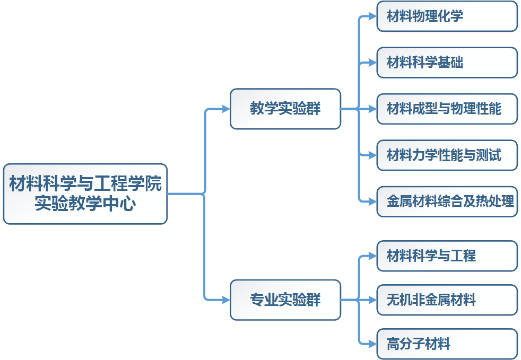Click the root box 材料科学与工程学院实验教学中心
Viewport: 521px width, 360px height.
tap(85, 194)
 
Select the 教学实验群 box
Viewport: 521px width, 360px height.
tap(285, 109)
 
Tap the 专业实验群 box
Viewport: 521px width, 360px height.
tap(285, 300)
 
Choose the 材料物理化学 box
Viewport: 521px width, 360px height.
tap(447, 16)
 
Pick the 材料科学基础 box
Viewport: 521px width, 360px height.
tap(447, 63)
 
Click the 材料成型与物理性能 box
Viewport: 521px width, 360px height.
tap(447, 109)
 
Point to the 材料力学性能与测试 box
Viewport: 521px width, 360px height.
tap(447, 155)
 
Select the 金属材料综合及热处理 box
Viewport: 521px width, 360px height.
tap(447, 201)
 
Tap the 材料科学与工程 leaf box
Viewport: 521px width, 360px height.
tap(447, 256)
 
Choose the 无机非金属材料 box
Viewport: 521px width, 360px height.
tap(447, 300)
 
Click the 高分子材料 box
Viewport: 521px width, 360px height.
tap(447, 344)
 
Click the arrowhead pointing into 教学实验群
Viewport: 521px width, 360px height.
tap(225, 109)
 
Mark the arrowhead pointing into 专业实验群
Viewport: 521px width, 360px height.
tap(225, 300)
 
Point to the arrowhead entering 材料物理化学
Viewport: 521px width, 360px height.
tap(372, 16)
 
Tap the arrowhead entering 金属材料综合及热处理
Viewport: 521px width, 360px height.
tap(372, 201)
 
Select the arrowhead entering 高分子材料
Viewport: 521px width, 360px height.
tap(372, 344)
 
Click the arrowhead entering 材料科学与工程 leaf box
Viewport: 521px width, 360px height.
tap(372, 256)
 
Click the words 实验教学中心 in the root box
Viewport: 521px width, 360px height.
tap(85, 204)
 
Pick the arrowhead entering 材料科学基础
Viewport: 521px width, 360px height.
tap(372, 63)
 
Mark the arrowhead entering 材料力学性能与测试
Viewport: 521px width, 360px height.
tap(372, 155)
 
